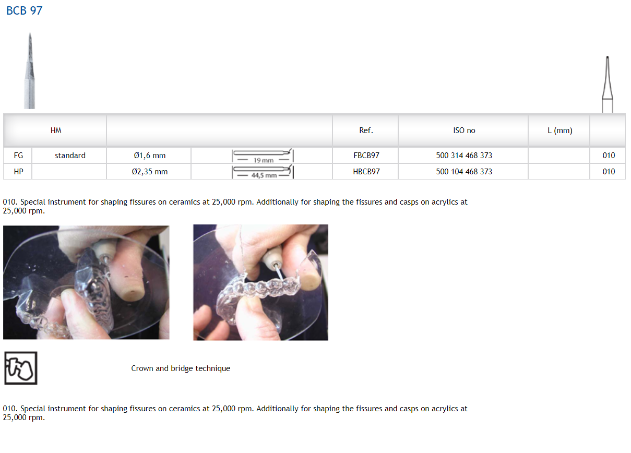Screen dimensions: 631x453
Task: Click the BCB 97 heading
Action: [x=24, y=11]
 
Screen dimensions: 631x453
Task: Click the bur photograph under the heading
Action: [x=30, y=71]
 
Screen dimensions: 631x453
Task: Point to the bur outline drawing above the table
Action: [x=608, y=85]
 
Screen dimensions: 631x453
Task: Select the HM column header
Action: [x=56, y=130]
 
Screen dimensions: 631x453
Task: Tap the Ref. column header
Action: [x=366, y=130]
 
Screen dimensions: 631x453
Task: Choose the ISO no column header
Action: [x=464, y=130]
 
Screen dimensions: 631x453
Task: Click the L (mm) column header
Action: [x=559, y=130]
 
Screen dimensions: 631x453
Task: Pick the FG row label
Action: [x=18, y=156]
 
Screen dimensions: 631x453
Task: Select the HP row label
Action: [x=18, y=172]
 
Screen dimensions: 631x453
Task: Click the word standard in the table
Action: [x=70, y=156]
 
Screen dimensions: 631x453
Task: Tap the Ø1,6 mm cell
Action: [x=150, y=156]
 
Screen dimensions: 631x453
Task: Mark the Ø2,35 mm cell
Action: [x=150, y=172]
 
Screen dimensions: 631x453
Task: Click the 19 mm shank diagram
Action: [x=263, y=156]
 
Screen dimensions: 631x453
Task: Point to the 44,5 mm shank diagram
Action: [x=263, y=172]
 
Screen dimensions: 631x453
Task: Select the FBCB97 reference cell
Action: [x=366, y=156]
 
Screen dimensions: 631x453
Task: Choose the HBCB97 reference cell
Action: [x=366, y=172]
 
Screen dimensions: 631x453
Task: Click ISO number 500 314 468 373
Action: [x=464, y=156]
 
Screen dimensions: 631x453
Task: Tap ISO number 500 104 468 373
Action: [x=464, y=172]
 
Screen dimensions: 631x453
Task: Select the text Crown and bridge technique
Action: [x=181, y=368]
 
